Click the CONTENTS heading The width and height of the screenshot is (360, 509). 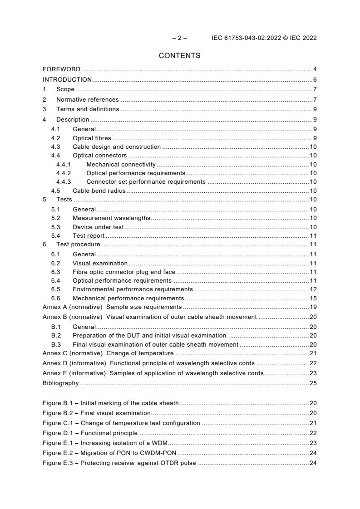[179, 56]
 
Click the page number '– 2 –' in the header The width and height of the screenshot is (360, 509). [180, 38]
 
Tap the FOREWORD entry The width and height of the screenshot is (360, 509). [61, 69]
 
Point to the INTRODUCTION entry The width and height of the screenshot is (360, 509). [67, 79]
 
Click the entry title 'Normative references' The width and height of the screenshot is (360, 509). [87, 99]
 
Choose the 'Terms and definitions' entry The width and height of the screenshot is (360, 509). [88, 109]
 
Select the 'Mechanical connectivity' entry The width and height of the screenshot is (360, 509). [121, 165]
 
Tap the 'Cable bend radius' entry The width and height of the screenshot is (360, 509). [99, 191]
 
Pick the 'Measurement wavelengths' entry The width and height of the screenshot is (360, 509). [111, 218]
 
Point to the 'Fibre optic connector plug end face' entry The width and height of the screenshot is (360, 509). [124, 272]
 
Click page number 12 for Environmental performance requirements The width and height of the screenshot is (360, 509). [313, 289]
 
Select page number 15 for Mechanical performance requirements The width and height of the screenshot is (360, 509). [313, 298]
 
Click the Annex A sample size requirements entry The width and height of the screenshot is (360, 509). [112, 307]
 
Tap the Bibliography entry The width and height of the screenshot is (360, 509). [60, 383]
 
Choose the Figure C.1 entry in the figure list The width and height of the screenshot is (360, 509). [121, 423]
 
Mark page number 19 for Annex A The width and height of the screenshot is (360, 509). [313, 307]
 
